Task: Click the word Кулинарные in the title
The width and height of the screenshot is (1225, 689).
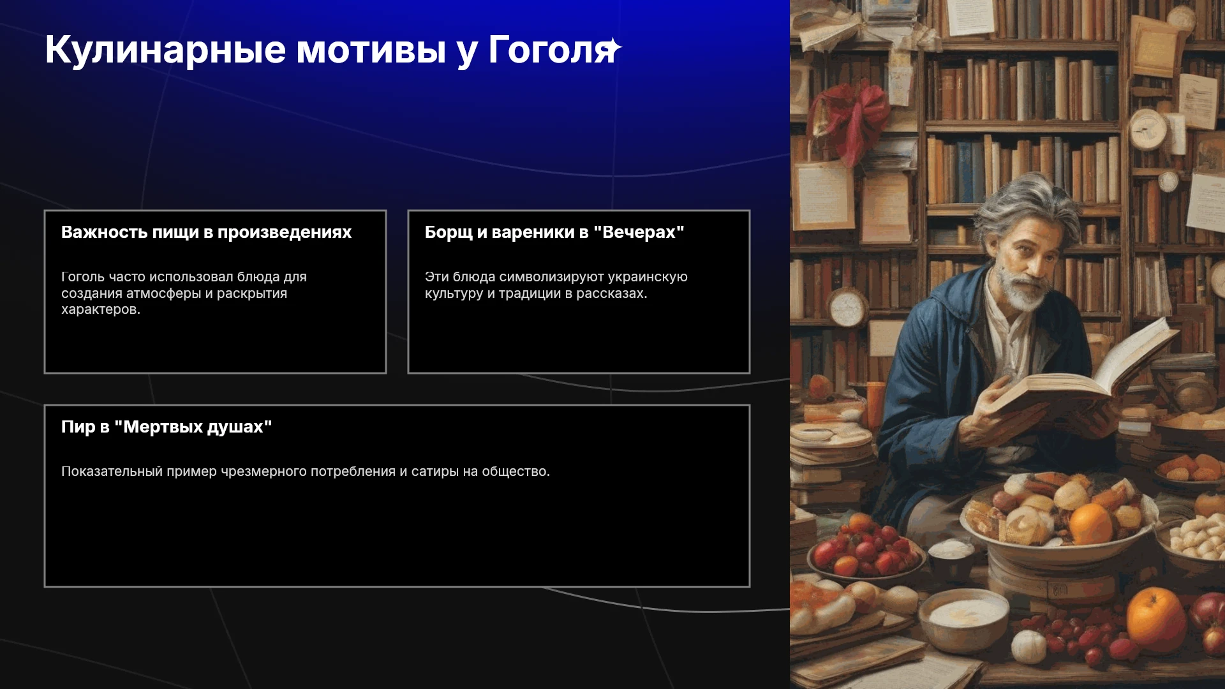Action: [x=165, y=50]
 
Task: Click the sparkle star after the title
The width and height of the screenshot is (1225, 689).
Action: [x=614, y=48]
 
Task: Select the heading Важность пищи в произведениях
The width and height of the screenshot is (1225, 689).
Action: [x=206, y=232]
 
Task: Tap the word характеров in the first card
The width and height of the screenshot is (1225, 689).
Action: [x=100, y=309]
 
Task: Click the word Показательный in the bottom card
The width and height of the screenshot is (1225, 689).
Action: [x=112, y=471]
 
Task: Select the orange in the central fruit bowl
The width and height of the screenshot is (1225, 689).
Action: [x=1090, y=523]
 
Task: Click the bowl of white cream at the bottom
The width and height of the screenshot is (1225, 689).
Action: [x=963, y=615]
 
